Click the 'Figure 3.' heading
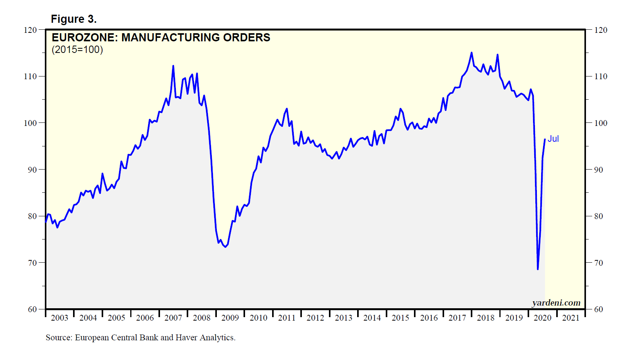point(73,19)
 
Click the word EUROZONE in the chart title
point(83,37)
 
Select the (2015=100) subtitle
point(77,50)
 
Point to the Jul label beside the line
point(553,139)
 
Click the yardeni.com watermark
point(556,303)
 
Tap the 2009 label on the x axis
point(230,318)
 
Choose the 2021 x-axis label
point(571,318)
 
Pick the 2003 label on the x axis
point(60,318)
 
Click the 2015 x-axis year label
point(400,318)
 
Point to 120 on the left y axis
point(30,30)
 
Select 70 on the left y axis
point(32,263)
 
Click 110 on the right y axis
point(601,76)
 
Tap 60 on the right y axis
point(598,309)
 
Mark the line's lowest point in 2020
point(538,269)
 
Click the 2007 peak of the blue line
point(173,66)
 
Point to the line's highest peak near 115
point(472,53)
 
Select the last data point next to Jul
point(545,139)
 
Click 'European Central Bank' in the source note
point(116,338)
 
